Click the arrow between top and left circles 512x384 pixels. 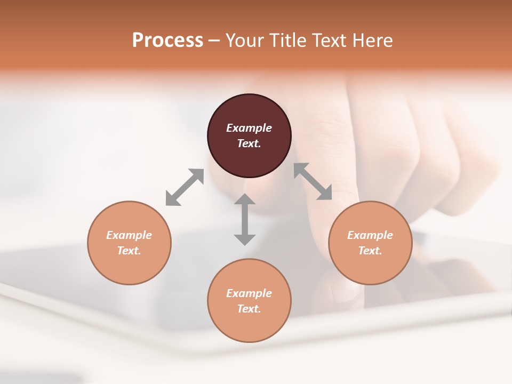[x=185, y=187]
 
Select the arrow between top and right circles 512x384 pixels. [x=313, y=182]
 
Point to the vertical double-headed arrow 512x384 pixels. [x=245, y=219]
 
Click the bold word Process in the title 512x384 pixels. [x=167, y=40]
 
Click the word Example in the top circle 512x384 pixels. [x=249, y=128]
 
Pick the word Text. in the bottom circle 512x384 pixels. [x=249, y=309]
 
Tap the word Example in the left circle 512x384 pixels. [x=129, y=235]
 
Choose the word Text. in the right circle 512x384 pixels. [x=370, y=251]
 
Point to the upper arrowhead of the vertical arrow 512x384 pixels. [x=245, y=199]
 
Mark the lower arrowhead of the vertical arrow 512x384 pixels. [x=245, y=239]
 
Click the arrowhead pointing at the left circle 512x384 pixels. [x=171, y=199]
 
